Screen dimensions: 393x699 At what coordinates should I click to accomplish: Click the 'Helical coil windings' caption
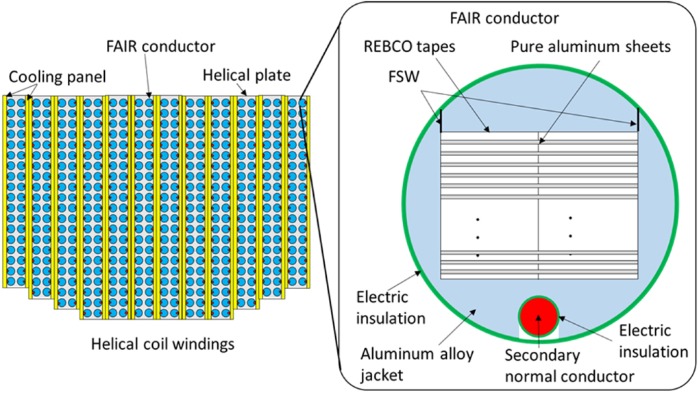[x=162, y=344]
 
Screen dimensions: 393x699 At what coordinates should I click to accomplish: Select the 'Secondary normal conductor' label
[x=542, y=366]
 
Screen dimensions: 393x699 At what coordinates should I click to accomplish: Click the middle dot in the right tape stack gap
[x=570, y=236]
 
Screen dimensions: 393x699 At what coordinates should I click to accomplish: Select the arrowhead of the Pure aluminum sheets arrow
[x=539, y=144]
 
